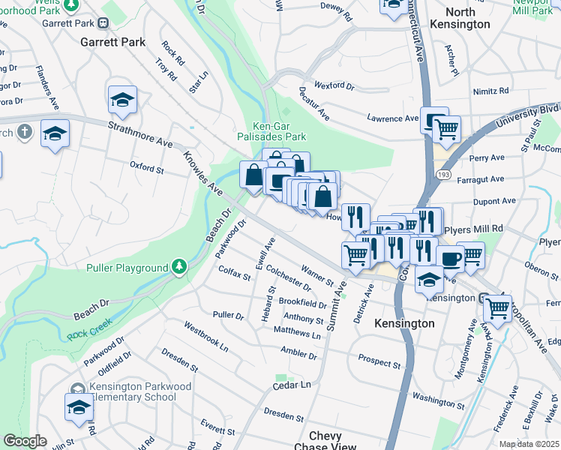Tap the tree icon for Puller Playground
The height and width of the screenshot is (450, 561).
click(x=178, y=266)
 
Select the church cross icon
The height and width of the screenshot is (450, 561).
click(x=24, y=133)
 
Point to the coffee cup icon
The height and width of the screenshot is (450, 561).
click(x=449, y=258)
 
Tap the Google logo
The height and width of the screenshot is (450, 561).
click(x=25, y=441)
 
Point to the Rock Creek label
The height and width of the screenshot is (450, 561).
click(x=89, y=325)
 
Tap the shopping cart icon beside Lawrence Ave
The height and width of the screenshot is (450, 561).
click(x=446, y=128)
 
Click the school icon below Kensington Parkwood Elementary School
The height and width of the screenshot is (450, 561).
click(x=78, y=407)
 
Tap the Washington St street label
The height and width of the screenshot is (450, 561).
click(x=439, y=397)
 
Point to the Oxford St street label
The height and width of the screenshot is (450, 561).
click(x=146, y=166)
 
